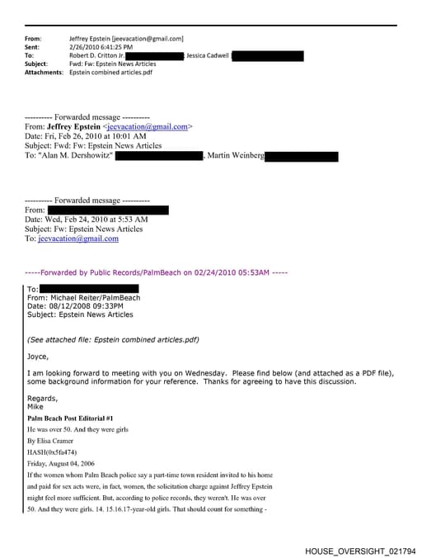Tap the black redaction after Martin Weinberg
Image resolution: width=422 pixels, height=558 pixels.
click(x=302, y=156)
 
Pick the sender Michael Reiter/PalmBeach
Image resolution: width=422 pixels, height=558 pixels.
click(x=96, y=297)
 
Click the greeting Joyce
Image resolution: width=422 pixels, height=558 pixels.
click(x=38, y=357)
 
